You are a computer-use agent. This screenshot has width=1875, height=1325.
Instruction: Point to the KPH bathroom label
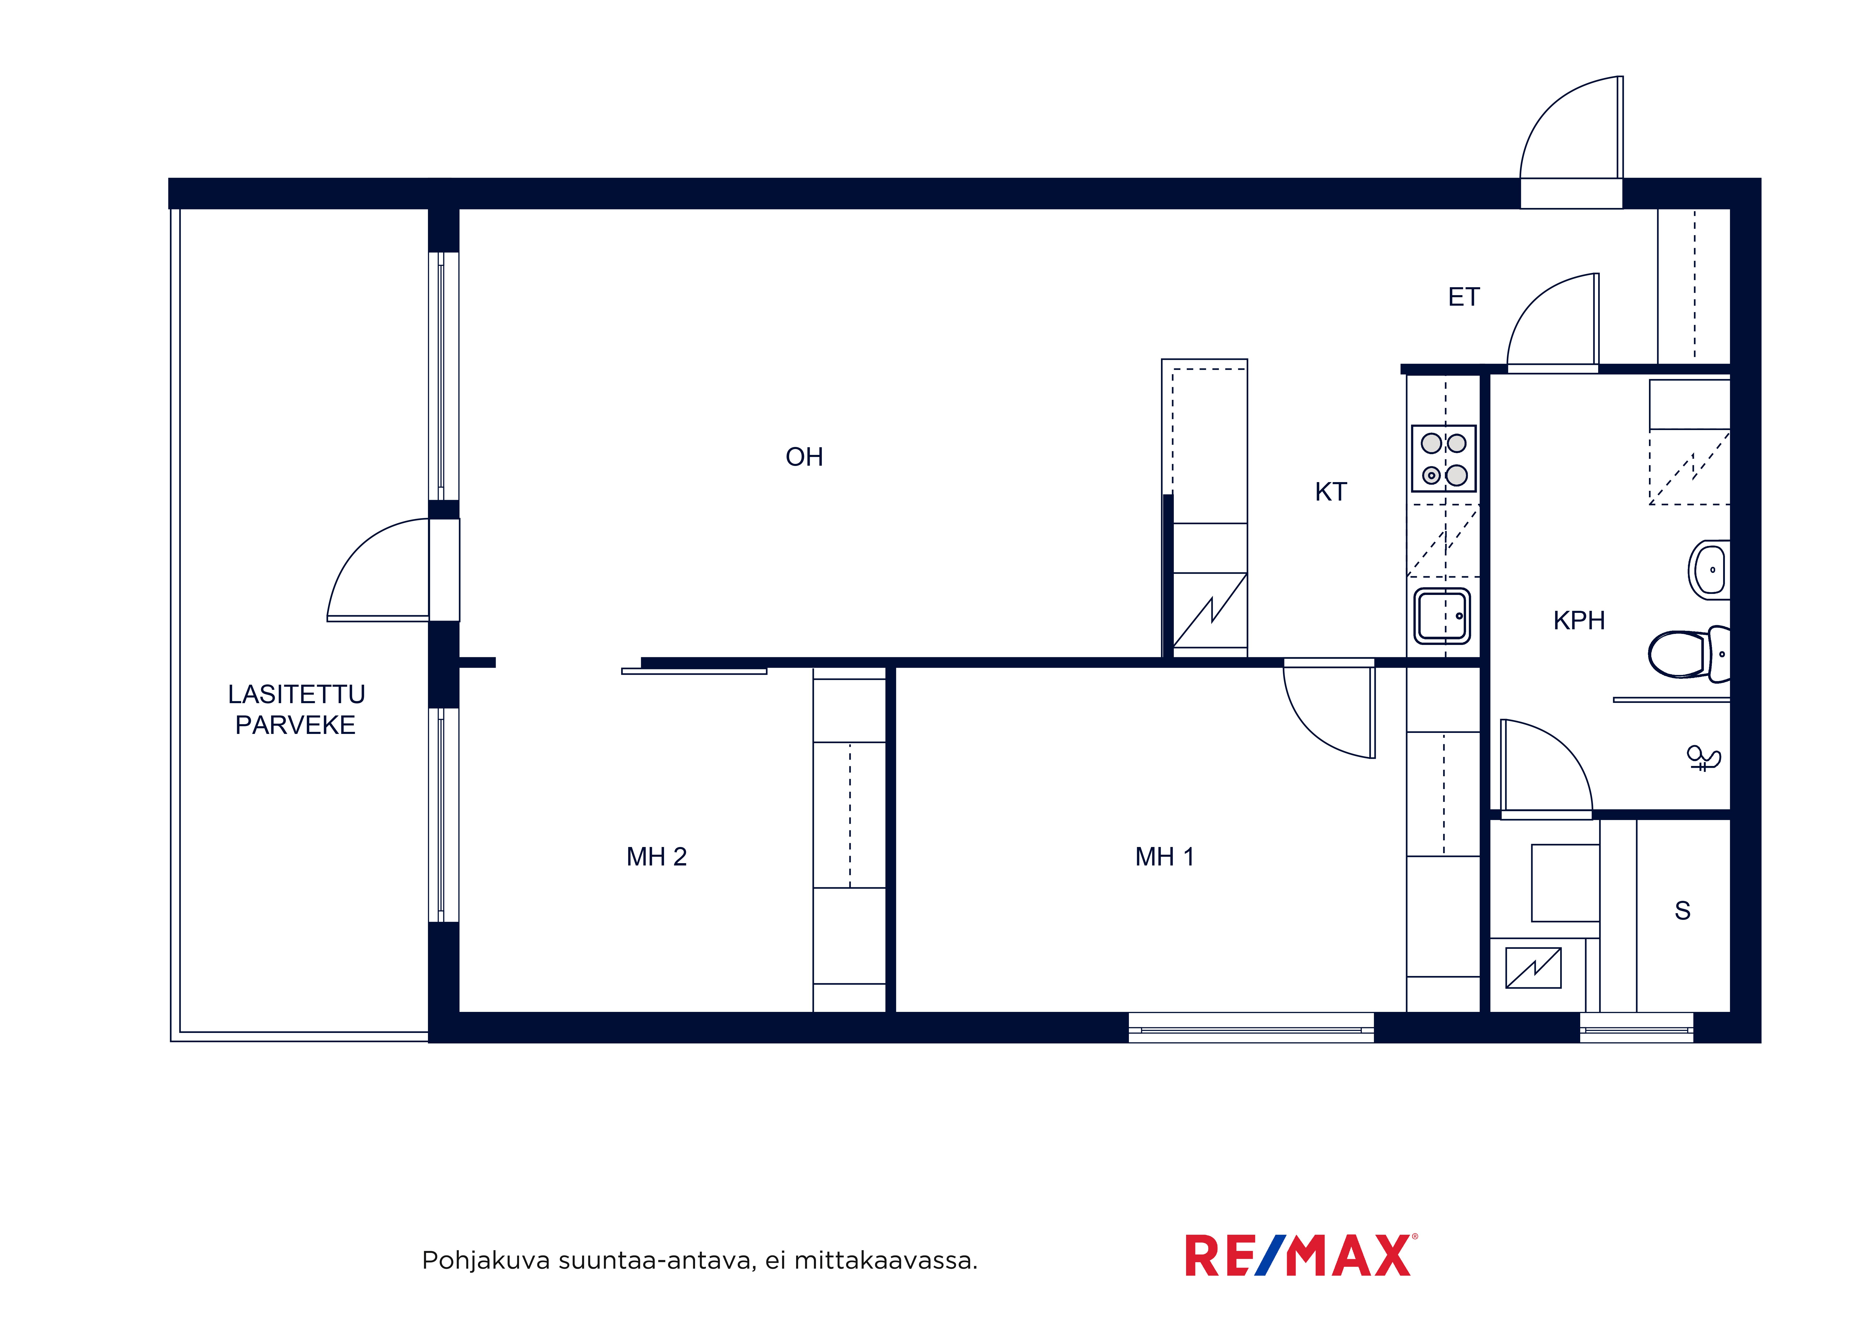tap(1579, 621)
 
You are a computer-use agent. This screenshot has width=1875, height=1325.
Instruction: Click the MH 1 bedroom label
tap(1165, 856)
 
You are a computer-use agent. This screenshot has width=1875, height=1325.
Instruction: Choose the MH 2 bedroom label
tap(657, 856)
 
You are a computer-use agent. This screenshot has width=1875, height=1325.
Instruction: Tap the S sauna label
tap(1682, 910)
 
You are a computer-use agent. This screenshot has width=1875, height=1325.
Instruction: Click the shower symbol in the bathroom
tap(1704, 759)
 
